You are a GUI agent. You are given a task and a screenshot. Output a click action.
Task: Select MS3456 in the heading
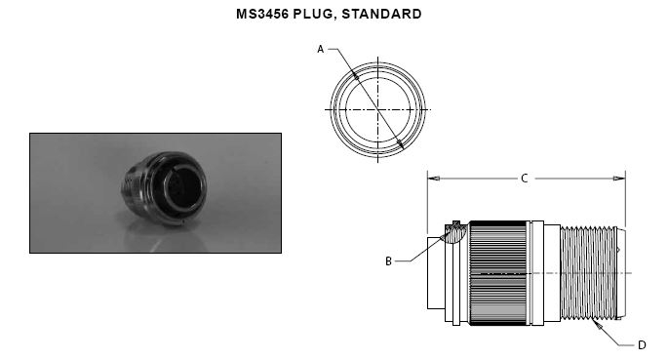[262, 14]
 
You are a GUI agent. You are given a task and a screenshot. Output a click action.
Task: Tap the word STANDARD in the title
[381, 14]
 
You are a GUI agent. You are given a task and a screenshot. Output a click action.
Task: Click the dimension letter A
[321, 50]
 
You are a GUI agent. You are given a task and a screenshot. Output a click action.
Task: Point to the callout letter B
[388, 261]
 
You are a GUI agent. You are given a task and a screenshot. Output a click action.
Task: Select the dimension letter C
[525, 179]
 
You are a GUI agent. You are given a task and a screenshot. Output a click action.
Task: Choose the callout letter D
[642, 345]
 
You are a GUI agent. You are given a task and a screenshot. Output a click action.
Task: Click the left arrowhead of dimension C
[434, 179]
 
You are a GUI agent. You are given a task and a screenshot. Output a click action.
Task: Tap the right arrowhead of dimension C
[619, 179]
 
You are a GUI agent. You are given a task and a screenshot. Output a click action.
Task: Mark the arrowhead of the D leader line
[598, 326]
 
